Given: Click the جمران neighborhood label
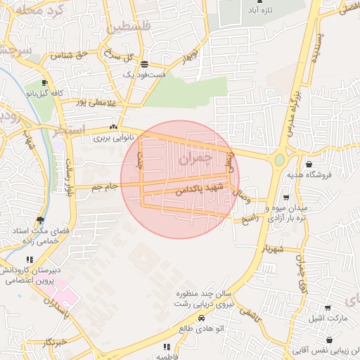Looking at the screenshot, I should point(194,160).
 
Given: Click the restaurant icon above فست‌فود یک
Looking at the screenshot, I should point(143,63).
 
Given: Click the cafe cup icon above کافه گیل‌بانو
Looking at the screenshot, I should point(46,82).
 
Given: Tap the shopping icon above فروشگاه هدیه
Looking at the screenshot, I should point(309,165).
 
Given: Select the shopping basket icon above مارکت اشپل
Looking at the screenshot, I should point(328,307).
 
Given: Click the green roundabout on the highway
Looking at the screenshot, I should point(279,160).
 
